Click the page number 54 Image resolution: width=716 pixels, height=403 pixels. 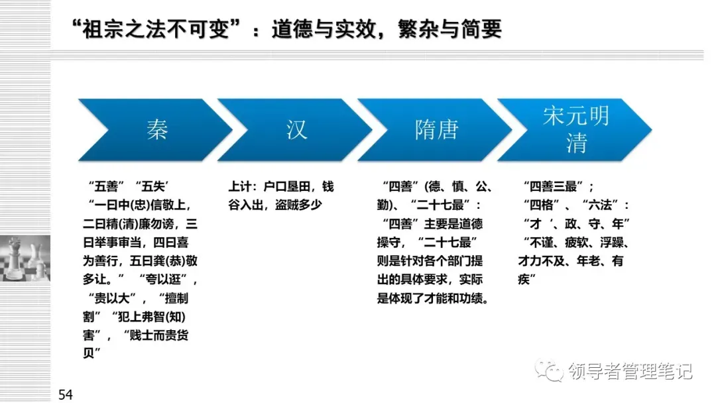66,395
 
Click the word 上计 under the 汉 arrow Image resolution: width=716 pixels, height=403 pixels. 240,186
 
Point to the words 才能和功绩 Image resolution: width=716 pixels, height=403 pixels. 457,298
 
